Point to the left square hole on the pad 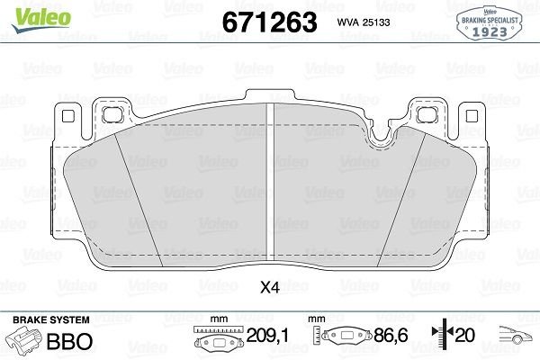[x=112, y=115]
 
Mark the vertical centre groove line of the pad [x=270, y=180]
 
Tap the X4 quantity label [x=269, y=289]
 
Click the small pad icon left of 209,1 [x=216, y=342]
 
